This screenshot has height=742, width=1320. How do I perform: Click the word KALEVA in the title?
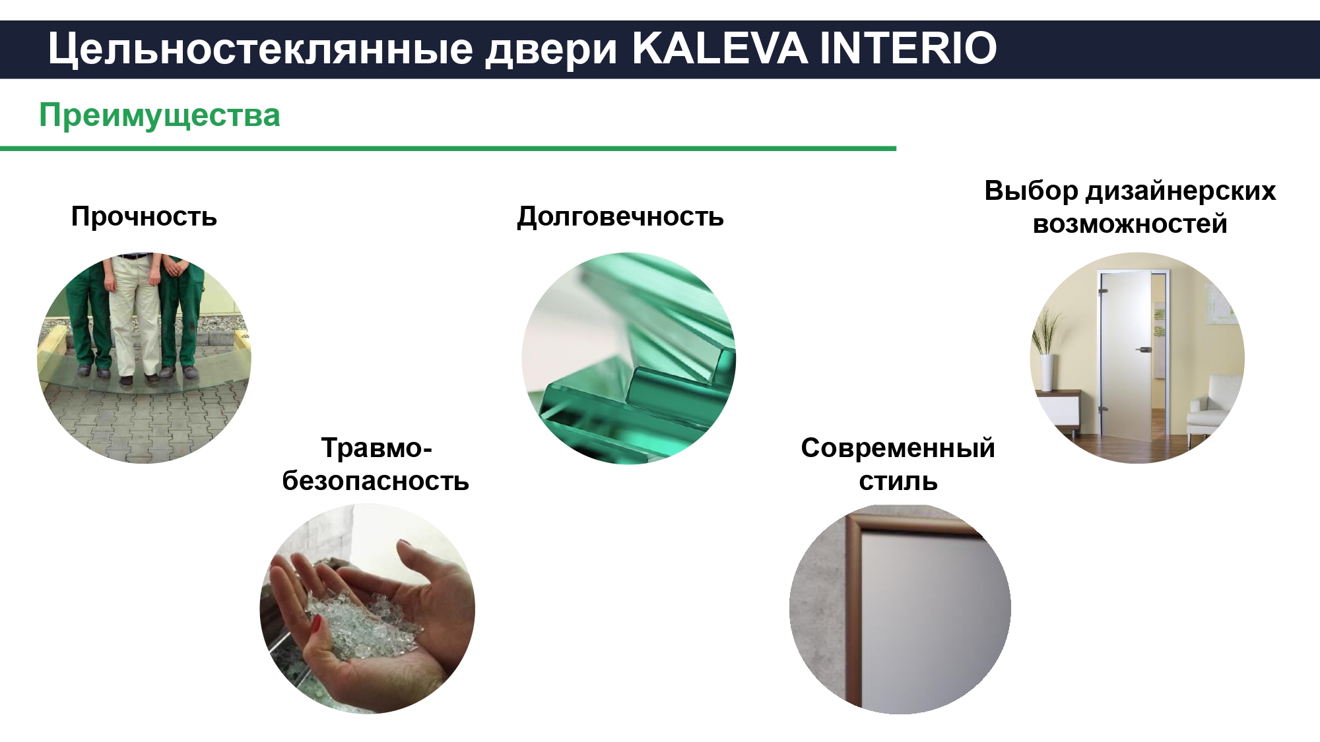719,48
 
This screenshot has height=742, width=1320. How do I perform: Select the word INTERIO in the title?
908,48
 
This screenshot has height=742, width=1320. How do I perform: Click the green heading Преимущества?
160,116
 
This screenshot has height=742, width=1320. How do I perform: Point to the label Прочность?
144,216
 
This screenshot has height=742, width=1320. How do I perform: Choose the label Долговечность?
620,217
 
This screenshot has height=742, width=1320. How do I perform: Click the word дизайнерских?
1181,191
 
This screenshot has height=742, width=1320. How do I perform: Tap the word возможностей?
1130,224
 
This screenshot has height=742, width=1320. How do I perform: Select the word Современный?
898,448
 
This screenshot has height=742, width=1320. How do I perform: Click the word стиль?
898,481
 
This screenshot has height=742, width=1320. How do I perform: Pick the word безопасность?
376,481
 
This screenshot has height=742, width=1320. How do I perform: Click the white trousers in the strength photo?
135,317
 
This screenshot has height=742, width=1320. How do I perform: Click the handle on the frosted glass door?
1141,350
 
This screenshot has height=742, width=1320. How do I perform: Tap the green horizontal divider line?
448,149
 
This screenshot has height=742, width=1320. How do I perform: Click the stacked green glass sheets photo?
628,358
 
